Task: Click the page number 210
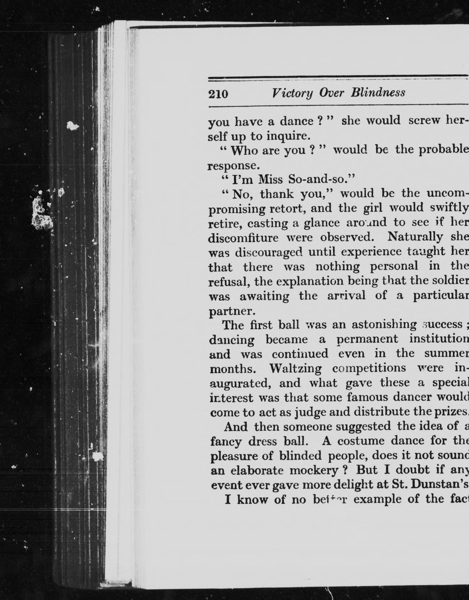click(x=218, y=94)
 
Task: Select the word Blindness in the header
click(x=378, y=92)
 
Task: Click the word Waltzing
click(x=295, y=369)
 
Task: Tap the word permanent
click(x=368, y=339)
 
